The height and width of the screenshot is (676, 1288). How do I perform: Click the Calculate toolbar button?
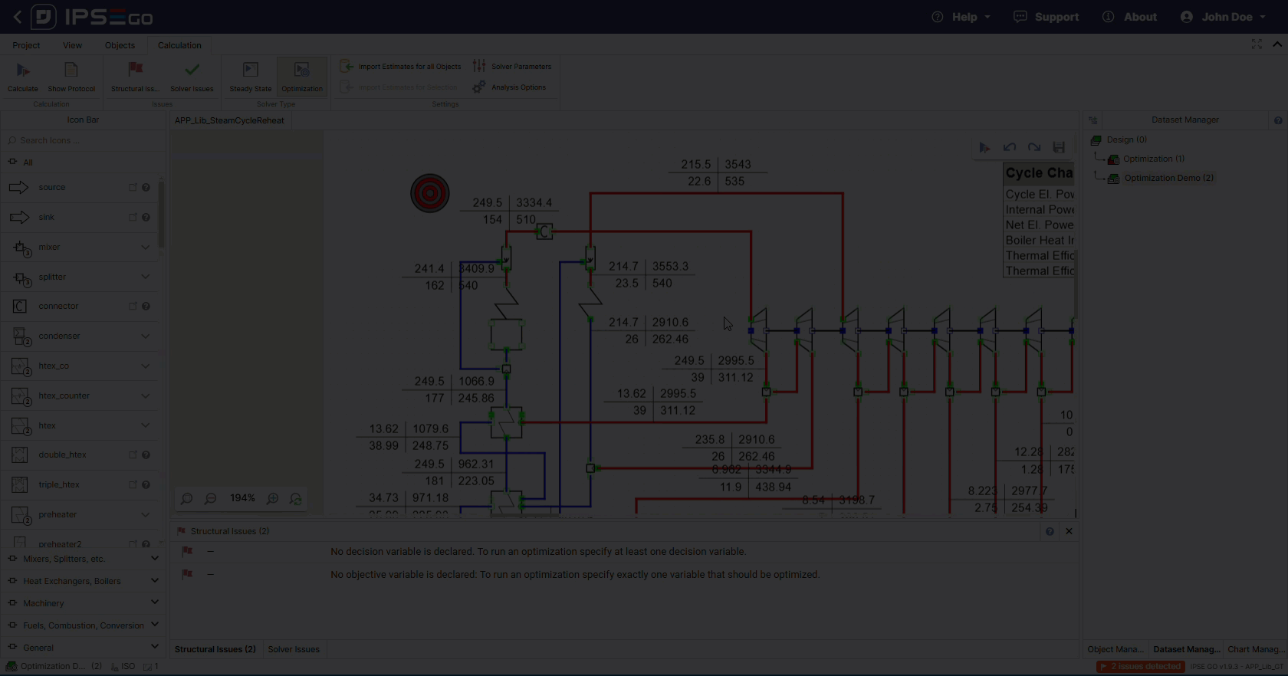coord(23,77)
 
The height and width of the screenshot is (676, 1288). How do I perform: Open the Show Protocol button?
coord(71,77)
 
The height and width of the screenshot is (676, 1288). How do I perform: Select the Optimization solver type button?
coord(302,77)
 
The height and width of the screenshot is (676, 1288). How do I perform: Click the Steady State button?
coord(251,77)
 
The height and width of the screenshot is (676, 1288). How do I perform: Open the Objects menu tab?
coord(120,45)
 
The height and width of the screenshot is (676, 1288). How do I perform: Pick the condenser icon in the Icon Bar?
coord(59,336)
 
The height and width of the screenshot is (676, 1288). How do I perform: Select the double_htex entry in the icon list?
coord(62,454)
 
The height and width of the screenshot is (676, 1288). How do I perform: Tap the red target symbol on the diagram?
coord(429,193)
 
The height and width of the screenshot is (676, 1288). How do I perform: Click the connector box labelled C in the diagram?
coord(544,231)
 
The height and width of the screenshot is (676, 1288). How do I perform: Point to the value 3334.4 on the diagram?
coord(534,203)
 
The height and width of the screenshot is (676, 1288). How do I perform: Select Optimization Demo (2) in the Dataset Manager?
coord(1168,178)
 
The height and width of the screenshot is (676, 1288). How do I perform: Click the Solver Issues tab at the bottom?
coord(294,649)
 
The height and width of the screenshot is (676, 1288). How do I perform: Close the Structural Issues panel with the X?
coord(1069,531)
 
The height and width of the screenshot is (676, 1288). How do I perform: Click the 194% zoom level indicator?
coord(242,498)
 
